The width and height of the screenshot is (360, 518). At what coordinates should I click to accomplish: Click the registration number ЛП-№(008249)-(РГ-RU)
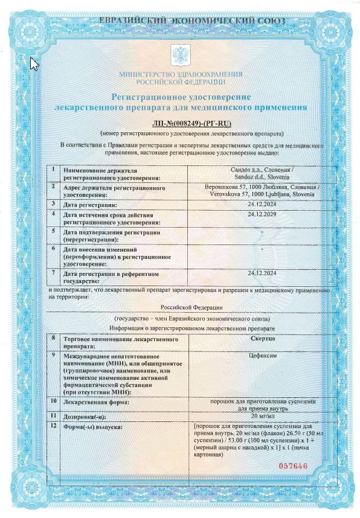tap(181, 123)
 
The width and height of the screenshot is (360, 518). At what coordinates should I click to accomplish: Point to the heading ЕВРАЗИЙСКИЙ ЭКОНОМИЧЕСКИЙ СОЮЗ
tap(181, 22)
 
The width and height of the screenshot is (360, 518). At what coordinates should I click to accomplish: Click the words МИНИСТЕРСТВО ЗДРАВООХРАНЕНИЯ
tap(181, 74)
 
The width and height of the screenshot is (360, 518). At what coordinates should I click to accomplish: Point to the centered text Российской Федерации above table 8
tap(181, 307)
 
